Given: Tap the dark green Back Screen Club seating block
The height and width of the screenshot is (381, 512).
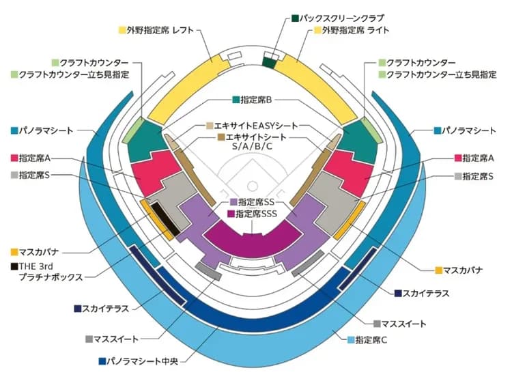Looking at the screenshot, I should (270, 62).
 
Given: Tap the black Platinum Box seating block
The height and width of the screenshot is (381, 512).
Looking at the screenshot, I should (164, 218).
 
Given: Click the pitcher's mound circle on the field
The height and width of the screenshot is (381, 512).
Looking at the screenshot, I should (253, 185).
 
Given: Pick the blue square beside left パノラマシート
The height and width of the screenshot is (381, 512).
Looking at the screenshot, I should (14, 130).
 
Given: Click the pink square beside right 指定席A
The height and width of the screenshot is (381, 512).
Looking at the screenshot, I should (457, 158).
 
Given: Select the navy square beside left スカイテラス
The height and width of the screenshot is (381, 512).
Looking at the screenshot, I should (78, 309).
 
